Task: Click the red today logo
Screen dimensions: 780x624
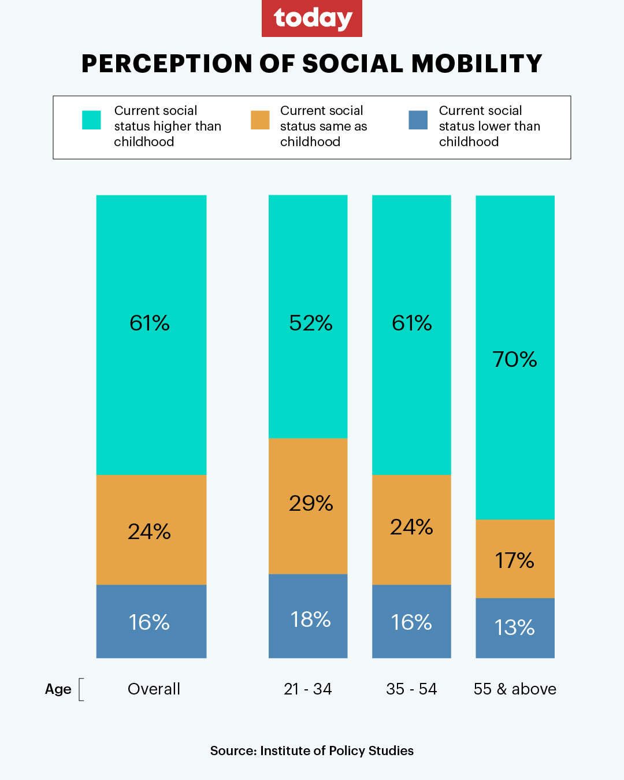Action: point(312,18)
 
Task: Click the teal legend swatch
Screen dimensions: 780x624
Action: point(91,120)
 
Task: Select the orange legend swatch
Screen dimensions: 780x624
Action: point(260,120)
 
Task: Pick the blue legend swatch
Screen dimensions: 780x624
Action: point(418,120)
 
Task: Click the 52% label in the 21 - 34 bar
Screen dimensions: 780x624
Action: point(310,323)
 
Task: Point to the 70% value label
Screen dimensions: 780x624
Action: point(515,359)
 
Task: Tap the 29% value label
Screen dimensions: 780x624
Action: point(311,503)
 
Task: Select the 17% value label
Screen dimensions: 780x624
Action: point(515,560)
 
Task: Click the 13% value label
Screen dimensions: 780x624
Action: point(515,627)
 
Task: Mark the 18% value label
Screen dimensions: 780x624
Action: point(310,619)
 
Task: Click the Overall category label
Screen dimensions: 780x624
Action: point(154,689)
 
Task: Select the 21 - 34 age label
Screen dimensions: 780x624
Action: point(308,689)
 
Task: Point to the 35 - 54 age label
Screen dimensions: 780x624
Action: point(411,689)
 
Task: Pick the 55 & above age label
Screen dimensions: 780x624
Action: point(515,689)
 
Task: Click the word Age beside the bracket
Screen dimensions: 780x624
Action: point(58,689)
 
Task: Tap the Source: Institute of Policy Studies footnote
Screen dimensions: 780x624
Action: point(312,751)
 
